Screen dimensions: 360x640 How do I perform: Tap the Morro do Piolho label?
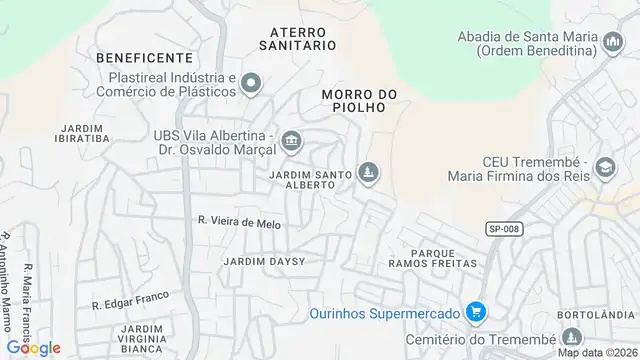click(x=360, y=102)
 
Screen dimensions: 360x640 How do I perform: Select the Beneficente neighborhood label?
click(x=144, y=58)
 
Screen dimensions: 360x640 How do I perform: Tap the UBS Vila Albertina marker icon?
click(x=291, y=140)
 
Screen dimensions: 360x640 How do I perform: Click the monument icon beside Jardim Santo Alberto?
click(x=370, y=174)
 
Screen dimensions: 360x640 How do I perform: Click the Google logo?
click(x=32, y=347)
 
